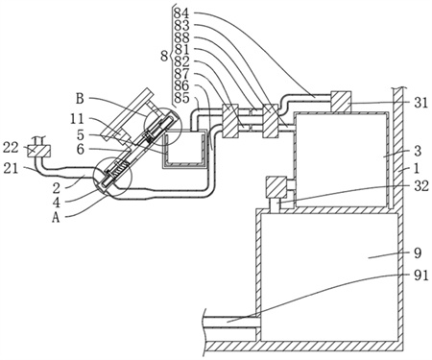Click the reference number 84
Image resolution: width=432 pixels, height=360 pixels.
(x=181, y=13)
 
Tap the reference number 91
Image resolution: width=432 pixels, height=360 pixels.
(x=420, y=276)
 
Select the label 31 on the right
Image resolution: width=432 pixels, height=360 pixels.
(x=420, y=103)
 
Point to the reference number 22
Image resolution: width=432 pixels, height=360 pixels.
(x=11, y=148)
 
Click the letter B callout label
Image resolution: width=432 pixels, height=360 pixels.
(x=80, y=99)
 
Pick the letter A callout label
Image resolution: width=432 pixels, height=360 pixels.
(x=57, y=218)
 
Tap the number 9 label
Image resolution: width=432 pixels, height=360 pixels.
(x=418, y=252)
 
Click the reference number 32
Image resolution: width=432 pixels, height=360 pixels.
(x=421, y=185)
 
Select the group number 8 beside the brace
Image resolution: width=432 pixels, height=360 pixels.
(x=164, y=57)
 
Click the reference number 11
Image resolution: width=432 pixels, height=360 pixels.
(x=77, y=119)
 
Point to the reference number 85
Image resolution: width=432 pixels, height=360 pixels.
(x=181, y=98)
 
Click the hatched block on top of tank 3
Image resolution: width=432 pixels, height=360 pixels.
(x=341, y=102)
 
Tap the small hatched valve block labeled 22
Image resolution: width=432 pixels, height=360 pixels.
(x=38, y=151)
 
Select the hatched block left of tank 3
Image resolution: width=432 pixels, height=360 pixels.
(x=276, y=187)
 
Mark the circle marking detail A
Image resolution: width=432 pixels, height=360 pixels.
(x=112, y=177)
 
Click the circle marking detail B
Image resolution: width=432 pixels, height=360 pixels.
(x=162, y=126)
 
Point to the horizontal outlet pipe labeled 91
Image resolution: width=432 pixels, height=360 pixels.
(x=229, y=321)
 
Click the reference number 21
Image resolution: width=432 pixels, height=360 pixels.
(x=11, y=169)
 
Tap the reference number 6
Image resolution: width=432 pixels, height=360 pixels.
(x=81, y=149)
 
